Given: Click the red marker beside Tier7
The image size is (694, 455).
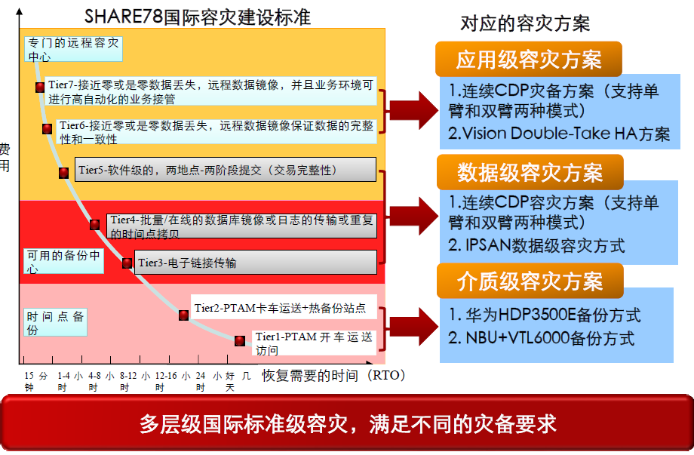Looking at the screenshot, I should [x=40, y=87].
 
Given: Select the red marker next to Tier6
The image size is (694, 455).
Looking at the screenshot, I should [x=48, y=129].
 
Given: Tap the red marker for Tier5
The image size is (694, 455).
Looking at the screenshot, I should [x=64, y=172].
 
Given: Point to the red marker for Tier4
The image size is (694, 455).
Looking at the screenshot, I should [x=94, y=224].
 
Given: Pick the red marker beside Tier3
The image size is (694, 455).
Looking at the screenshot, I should [x=127, y=263].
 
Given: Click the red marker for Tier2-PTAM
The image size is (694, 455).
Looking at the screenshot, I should [x=183, y=315].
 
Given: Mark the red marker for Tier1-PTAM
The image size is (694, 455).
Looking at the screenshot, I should [x=239, y=340].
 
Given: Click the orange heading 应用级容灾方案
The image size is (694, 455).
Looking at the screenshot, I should [x=529, y=60].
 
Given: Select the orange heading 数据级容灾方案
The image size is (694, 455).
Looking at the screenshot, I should [x=530, y=173].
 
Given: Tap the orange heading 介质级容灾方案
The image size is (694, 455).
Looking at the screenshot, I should [x=530, y=281].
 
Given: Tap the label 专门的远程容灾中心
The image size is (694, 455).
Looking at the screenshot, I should [x=72, y=49].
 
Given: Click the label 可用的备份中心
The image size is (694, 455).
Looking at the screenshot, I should [x=63, y=261].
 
